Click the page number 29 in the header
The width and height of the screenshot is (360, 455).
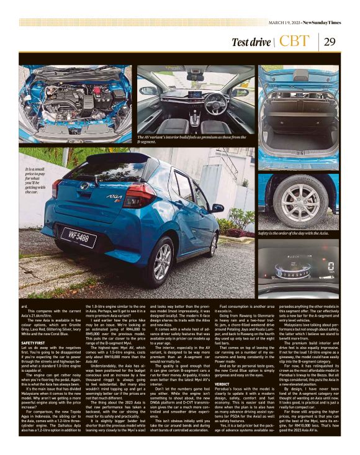(330, 42)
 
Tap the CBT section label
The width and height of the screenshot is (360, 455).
(294, 42)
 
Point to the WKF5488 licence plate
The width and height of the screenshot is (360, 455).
(78, 237)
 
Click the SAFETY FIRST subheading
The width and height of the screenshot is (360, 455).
(34, 342)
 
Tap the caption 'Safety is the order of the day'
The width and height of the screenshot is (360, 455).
(293, 233)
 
